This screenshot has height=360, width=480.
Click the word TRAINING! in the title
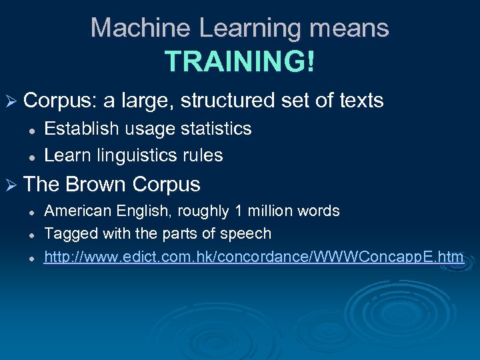click(239, 62)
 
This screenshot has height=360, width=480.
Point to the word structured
click(227, 101)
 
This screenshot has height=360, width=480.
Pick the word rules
click(205, 155)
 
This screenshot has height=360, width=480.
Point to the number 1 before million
click(237, 211)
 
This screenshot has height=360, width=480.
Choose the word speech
click(249, 233)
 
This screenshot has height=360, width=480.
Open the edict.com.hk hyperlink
click(253, 256)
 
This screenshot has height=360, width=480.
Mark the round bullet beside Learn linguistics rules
click(31, 157)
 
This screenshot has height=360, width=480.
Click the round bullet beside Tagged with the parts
click(31, 235)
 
